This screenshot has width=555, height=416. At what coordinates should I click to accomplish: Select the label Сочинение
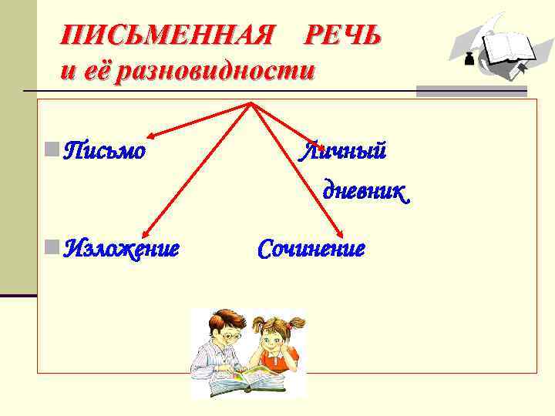click(x=311, y=249)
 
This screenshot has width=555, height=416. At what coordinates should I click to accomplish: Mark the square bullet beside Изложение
click(x=51, y=247)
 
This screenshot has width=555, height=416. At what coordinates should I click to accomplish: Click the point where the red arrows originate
click(x=250, y=103)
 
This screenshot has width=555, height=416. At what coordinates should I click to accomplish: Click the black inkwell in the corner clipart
click(x=469, y=61)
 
